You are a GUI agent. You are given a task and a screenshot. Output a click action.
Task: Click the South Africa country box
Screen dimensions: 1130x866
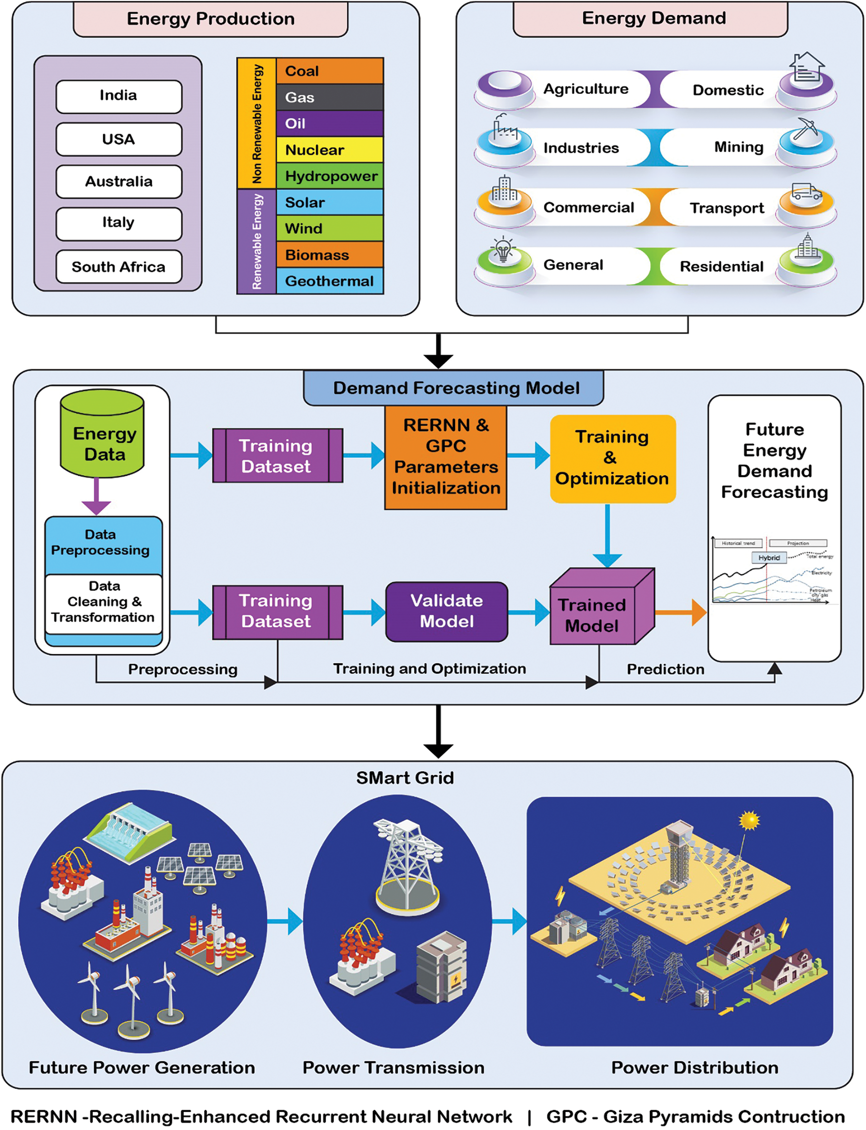[119, 266]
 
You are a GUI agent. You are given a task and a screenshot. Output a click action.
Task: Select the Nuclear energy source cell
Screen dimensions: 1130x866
[330, 150]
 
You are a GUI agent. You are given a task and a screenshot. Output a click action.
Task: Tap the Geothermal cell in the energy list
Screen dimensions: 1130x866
[330, 281]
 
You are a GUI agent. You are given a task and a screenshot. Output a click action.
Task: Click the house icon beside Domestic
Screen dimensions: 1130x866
[807, 67]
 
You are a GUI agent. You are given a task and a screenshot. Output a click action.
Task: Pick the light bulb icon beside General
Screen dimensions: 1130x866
[502, 250]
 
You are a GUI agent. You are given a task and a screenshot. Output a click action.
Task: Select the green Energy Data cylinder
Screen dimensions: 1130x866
[102, 434]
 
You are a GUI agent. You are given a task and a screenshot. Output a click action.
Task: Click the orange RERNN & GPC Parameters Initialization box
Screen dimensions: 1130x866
[446, 457]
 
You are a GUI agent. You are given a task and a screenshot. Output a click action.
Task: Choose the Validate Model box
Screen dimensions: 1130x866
[447, 611]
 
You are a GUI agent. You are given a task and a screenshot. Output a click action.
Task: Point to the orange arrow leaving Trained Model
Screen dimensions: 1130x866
[680, 612]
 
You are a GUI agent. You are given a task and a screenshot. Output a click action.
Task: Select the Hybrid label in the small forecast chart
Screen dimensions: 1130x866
[769, 558]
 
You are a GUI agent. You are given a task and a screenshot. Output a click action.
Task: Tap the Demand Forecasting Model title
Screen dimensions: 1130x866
[455, 388]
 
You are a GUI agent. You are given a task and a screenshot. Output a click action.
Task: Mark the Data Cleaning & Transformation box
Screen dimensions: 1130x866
[103, 602]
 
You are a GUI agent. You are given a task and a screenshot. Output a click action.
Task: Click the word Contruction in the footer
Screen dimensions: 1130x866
[791, 1117]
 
